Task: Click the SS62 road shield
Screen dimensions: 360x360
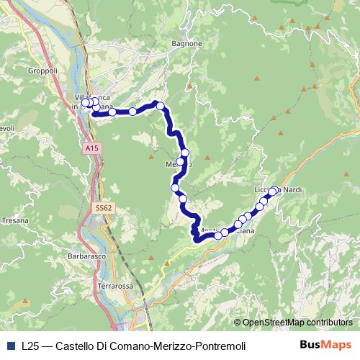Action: coord(104,207)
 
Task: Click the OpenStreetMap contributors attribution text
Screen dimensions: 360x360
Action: coord(297,323)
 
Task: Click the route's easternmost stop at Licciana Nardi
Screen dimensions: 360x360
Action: coord(273,191)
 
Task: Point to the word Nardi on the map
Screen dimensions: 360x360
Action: coord(291,190)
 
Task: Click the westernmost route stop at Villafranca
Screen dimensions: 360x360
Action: coord(85,103)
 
